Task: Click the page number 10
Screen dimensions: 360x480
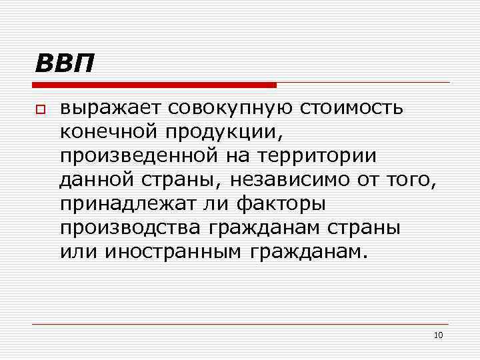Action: [x=438, y=335]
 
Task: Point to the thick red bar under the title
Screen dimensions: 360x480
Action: [x=154, y=85]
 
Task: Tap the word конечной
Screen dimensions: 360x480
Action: [x=105, y=132]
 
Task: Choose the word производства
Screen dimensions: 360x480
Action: [x=129, y=228]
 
